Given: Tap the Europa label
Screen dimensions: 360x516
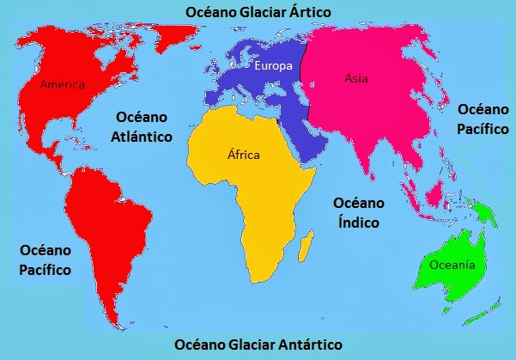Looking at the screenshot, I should click(273, 65).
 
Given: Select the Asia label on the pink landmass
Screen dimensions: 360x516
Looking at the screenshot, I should click(356, 78).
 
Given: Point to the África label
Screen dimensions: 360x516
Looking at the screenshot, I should click(243, 155).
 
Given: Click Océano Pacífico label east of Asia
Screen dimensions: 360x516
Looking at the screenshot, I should click(482, 119).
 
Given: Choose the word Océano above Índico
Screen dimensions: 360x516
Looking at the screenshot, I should click(354, 204).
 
